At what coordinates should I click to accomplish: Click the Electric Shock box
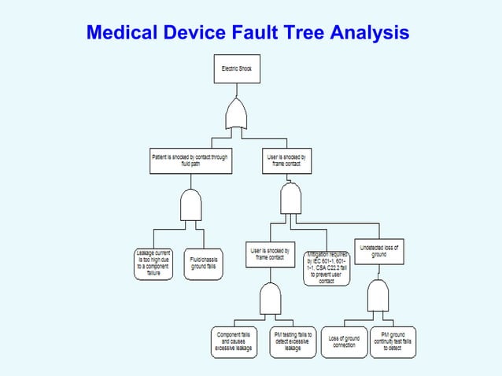236,69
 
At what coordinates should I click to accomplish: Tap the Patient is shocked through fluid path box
189,160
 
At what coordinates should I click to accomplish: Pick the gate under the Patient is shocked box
191,206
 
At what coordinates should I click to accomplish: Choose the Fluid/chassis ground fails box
204,263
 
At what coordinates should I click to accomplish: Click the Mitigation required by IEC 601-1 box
327,267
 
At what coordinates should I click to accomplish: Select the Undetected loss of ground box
378,251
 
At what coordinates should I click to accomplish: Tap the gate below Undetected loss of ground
378,297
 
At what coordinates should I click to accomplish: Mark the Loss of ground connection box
344,341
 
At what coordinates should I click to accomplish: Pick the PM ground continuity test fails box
393,341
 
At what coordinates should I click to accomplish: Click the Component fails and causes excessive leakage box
234,341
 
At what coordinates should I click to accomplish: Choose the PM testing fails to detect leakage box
292,341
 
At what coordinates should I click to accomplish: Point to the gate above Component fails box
271,299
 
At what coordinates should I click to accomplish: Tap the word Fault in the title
258,33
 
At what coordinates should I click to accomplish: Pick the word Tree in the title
307,33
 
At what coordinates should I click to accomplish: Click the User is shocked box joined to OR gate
286,160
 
